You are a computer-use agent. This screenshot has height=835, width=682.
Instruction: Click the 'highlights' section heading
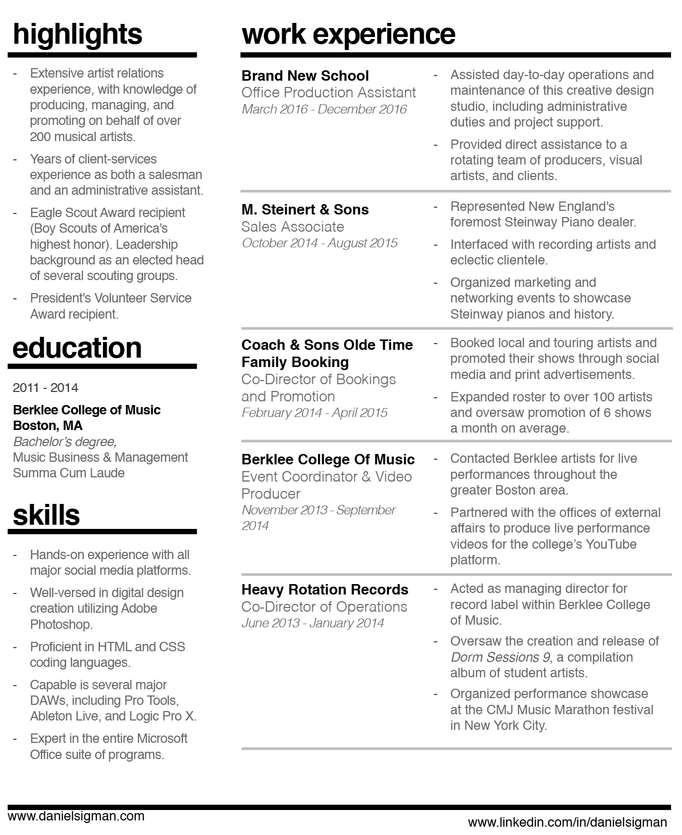coord(77,34)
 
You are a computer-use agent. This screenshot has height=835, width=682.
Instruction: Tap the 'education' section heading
coord(77,348)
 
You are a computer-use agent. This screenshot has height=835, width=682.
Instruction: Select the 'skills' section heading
coord(46,515)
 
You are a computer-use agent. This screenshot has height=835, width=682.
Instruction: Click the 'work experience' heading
coord(348,34)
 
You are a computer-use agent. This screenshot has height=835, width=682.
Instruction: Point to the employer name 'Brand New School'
coord(305,76)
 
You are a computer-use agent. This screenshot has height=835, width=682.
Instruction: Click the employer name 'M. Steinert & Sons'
coord(305,210)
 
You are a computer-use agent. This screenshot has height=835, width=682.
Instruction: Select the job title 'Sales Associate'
coord(293,227)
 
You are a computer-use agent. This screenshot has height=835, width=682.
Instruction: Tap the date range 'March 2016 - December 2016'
coord(324,109)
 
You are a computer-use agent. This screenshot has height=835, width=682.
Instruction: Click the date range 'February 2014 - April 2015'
coord(314,413)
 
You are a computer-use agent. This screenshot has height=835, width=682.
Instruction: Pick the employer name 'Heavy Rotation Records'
coord(325,590)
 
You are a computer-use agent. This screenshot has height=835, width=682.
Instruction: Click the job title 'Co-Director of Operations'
coord(324,607)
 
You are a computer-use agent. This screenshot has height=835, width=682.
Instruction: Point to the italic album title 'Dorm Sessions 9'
coord(500,657)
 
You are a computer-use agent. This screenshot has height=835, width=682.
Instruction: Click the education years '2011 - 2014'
coord(45,388)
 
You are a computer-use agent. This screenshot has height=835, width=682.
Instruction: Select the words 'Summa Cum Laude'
coord(69,473)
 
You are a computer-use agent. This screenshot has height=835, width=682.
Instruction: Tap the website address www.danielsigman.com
coord(76,816)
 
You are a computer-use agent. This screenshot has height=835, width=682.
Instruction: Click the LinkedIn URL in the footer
coord(567,823)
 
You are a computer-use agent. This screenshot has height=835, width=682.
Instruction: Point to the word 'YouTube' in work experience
coord(611,545)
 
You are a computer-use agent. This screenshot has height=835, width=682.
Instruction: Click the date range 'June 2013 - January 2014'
coord(313,623)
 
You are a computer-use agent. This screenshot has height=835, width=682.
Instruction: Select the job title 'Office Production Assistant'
coord(329,93)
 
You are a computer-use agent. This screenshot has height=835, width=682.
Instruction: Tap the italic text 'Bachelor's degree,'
coord(65,442)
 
